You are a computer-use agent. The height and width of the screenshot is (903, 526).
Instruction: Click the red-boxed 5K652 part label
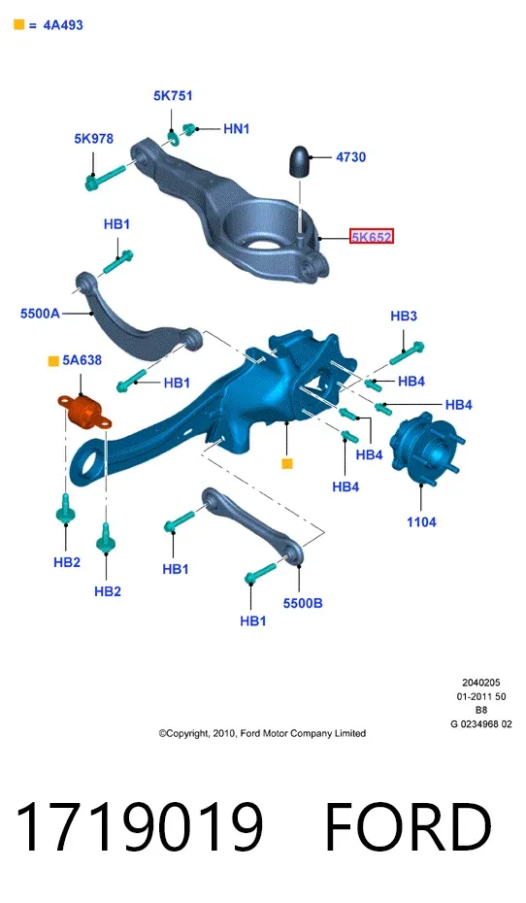tap(371, 236)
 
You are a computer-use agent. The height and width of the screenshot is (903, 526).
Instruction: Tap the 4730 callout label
tap(350, 156)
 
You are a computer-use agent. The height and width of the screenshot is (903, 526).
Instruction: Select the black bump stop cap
tap(299, 160)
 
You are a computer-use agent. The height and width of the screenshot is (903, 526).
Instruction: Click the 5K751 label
tap(173, 95)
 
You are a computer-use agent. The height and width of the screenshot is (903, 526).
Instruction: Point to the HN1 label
tap(236, 128)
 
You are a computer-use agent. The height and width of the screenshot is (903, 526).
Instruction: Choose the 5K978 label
tap(93, 139)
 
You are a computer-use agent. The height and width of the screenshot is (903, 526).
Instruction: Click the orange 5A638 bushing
tap(84, 412)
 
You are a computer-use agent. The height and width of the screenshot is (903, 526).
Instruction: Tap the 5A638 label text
tap(82, 360)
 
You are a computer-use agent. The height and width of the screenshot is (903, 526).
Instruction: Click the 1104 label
tap(421, 521)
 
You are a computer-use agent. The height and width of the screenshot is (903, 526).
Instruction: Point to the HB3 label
tap(404, 316)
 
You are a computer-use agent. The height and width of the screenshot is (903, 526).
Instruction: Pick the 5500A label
tap(41, 314)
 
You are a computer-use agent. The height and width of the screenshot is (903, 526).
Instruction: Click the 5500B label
tap(303, 603)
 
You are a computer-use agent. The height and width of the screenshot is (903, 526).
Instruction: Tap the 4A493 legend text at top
tap(63, 25)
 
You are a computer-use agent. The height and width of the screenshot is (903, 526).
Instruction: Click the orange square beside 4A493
tap(19, 24)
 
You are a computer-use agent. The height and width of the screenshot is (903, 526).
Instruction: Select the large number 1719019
tap(139, 827)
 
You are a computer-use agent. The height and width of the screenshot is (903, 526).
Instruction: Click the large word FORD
tap(408, 827)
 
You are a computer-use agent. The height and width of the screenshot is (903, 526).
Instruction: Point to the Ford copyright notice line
tap(262, 733)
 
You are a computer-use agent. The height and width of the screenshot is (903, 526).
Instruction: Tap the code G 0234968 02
tap(481, 724)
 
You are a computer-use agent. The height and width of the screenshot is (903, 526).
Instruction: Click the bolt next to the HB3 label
tap(407, 352)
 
